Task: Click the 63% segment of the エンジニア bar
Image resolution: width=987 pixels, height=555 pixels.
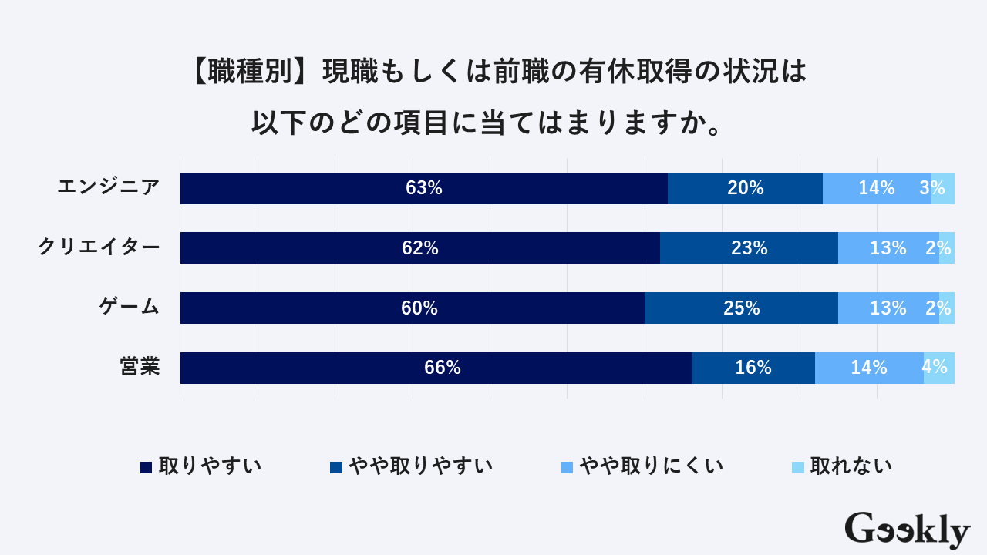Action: pyautogui.click(x=423, y=188)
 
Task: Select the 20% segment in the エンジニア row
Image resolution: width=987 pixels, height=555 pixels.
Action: pyautogui.click(x=745, y=188)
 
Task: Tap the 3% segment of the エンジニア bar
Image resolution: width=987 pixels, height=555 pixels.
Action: pyautogui.click(x=942, y=188)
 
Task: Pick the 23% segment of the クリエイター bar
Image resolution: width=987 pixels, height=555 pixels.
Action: pyautogui.click(x=749, y=248)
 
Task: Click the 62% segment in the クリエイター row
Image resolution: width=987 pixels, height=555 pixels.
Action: pyautogui.click(x=420, y=248)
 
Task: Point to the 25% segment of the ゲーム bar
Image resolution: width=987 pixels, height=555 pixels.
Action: pyautogui.click(x=741, y=308)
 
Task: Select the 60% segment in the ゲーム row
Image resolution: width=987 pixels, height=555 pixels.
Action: pyautogui.click(x=413, y=308)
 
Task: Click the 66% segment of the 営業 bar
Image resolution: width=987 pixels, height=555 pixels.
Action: pyautogui.click(x=436, y=368)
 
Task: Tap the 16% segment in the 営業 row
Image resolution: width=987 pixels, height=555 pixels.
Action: pyautogui.click(x=753, y=368)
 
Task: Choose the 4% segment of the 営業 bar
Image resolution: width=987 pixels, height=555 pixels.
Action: pyautogui.click(x=938, y=368)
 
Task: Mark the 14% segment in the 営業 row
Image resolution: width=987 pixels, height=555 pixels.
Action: pyautogui.click(x=869, y=368)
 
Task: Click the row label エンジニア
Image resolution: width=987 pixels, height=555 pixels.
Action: pyautogui.click(x=109, y=187)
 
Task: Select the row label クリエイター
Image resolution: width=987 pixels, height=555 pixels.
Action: pyautogui.click(x=99, y=247)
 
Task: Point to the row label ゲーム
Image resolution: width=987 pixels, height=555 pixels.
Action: pyautogui.click(x=129, y=307)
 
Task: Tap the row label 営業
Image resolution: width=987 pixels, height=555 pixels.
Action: pyautogui.click(x=140, y=367)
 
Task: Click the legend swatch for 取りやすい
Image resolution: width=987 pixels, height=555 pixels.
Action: pyautogui.click(x=146, y=467)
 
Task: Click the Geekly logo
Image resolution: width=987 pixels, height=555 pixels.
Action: pyautogui.click(x=907, y=530)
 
